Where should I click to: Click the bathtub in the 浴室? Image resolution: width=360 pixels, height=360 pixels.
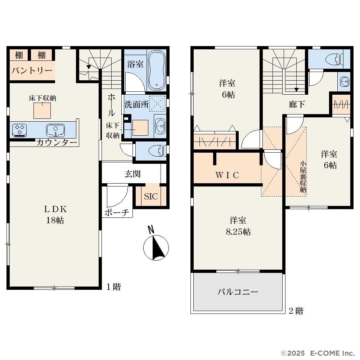pyautogui.click(x=157, y=70)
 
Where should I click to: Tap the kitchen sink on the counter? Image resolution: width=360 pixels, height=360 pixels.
pyautogui.click(x=55, y=130)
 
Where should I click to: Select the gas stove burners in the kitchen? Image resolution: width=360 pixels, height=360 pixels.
pyautogui.click(x=20, y=130)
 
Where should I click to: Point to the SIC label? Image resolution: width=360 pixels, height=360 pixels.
pyautogui.click(x=151, y=197)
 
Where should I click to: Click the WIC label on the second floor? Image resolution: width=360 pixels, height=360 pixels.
pyautogui.click(x=227, y=175)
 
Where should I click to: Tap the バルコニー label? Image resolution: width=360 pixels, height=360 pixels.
pyautogui.click(x=238, y=292)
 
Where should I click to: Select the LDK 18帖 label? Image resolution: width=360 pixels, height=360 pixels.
pyautogui.click(x=55, y=215)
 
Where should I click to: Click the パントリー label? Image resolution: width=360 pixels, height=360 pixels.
pyautogui.click(x=32, y=71)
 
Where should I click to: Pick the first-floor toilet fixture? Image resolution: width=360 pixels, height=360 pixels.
pyautogui.click(x=158, y=151)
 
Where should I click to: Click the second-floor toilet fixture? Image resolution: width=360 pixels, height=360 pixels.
pyautogui.click(x=334, y=59)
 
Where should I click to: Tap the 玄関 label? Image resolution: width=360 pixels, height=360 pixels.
pyautogui.click(x=133, y=174)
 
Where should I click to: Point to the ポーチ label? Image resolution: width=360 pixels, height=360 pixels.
pyautogui.click(x=117, y=212)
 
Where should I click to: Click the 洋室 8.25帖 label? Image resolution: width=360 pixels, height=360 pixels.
pyautogui.click(x=238, y=226)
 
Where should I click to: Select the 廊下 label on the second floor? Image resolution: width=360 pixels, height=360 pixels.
pyautogui.click(x=297, y=105)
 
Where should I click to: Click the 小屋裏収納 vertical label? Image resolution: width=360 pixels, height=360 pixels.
pyautogui.click(x=303, y=177)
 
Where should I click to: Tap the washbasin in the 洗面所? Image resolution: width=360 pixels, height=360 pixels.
pyautogui.click(x=160, y=126)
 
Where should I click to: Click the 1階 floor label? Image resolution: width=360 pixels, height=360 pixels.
pyautogui.click(x=114, y=287)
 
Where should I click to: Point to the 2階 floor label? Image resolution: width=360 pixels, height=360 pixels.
pyautogui.click(x=296, y=311)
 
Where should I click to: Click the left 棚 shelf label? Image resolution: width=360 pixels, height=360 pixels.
pyautogui.click(x=19, y=55)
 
